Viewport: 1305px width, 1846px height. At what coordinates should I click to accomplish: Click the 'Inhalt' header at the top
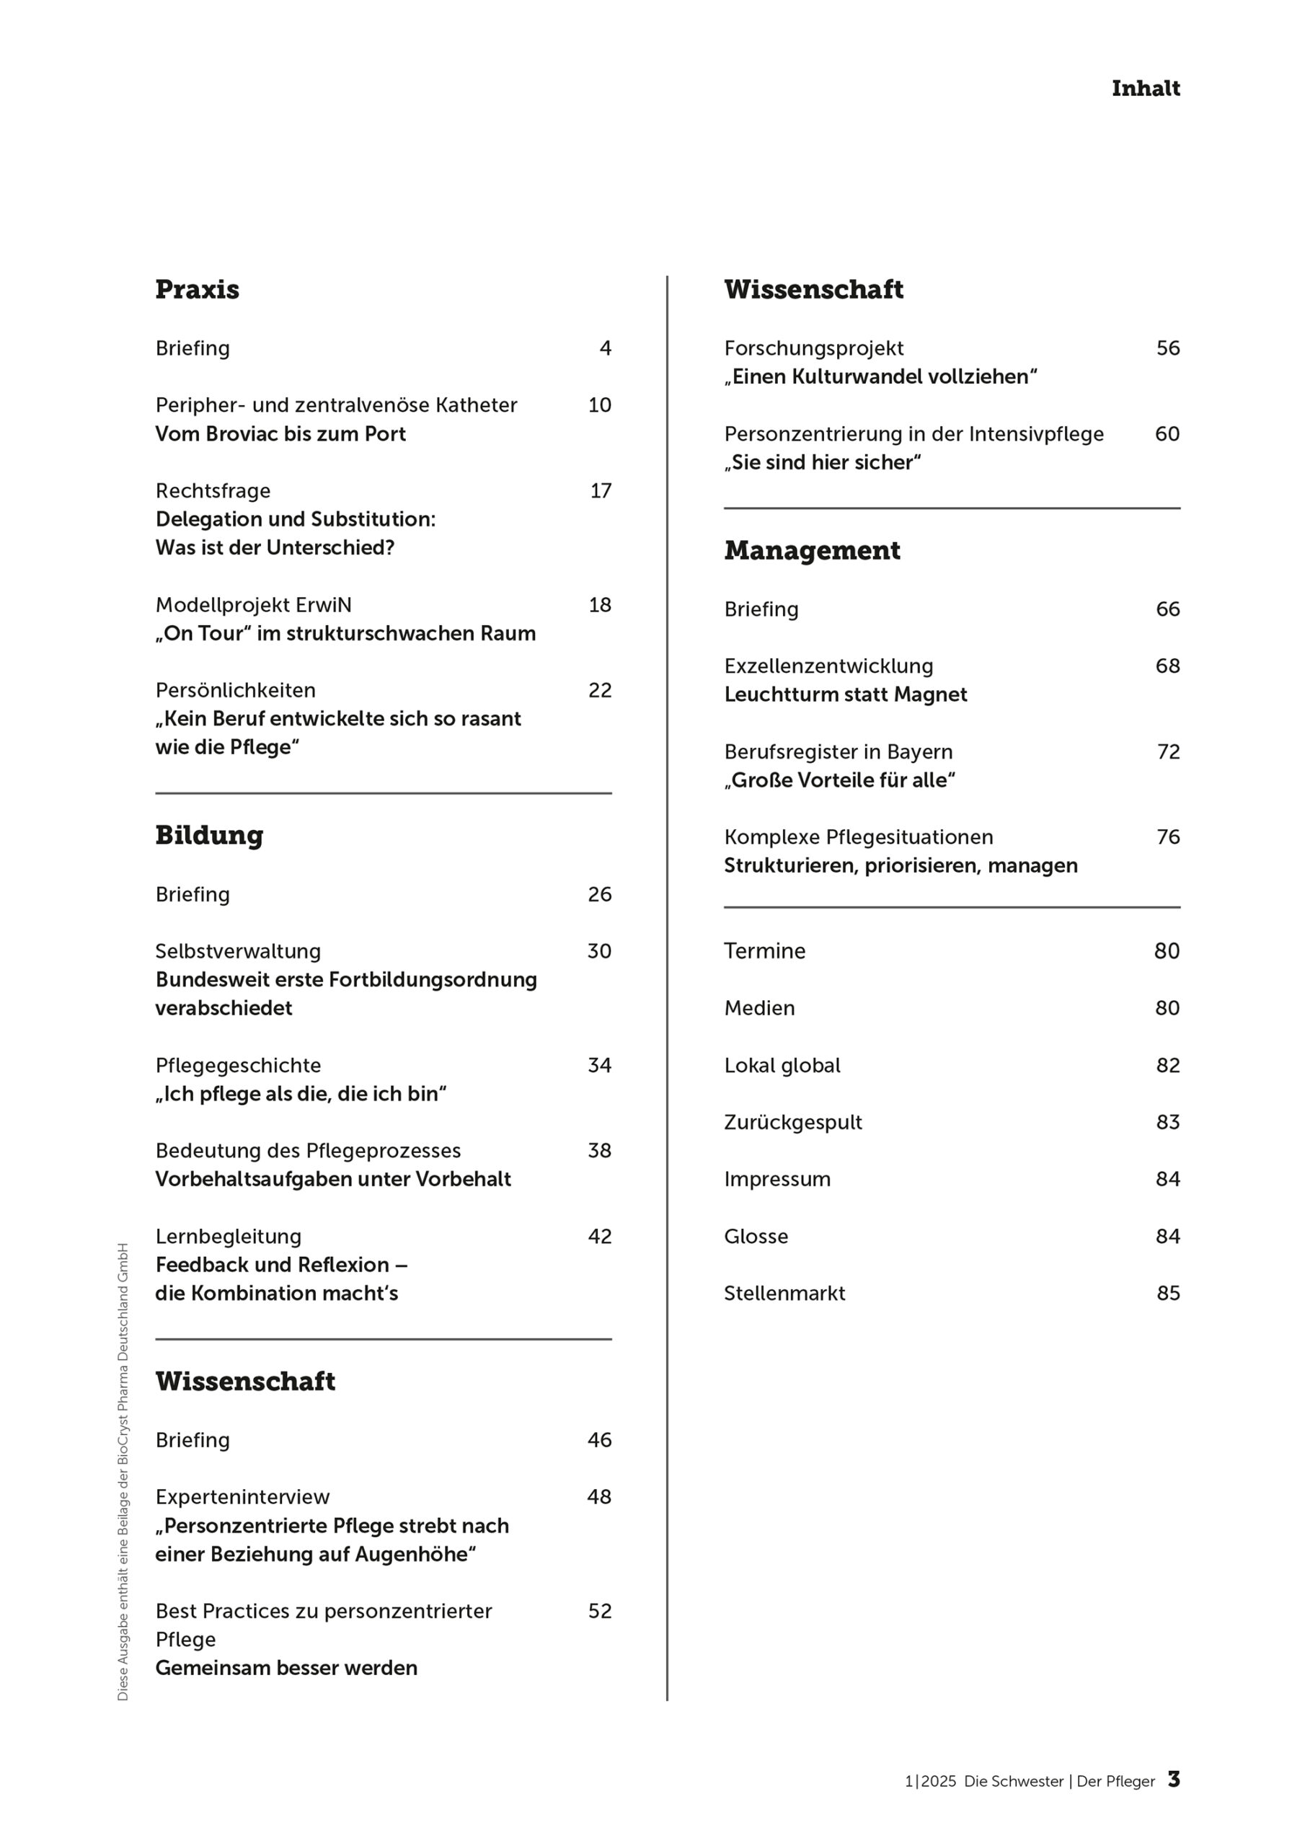pyautogui.click(x=1145, y=89)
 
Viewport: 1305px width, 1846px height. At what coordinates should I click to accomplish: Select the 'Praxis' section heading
pyautogui.click(x=197, y=289)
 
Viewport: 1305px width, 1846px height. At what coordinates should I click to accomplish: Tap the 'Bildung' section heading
pyautogui.click(x=209, y=835)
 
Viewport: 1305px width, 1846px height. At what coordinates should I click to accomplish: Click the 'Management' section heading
pyautogui.click(x=812, y=551)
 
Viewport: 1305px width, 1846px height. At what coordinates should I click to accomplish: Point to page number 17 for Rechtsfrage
pyautogui.click(x=601, y=490)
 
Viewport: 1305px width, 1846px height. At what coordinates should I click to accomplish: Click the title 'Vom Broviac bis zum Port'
pyautogui.click(x=280, y=434)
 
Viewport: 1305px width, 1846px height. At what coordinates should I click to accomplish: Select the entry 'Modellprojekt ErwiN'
pyautogui.click(x=253, y=604)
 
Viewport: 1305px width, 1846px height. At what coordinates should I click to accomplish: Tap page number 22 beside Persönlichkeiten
pyautogui.click(x=600, y=690)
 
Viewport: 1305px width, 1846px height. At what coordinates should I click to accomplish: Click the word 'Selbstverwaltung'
pyautogui.click(x=238, y=951)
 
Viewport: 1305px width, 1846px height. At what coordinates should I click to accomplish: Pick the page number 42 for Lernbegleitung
pyautogui.click(x=600, y=1236)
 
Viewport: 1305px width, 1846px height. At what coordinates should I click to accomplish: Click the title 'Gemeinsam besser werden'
pyautogui.click(x=286, y=1667)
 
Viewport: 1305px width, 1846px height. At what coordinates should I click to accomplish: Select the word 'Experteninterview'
pyautogui.click(x=242, y=1496)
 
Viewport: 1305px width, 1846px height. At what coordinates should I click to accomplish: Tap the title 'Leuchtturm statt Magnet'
pyautogui.click(x=845, y=694)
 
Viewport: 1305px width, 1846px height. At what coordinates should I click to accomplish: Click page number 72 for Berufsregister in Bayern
pyautogui.click(x=1168, y=752)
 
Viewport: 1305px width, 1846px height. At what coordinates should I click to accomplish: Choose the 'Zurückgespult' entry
pyautogui.click(x=793, y=1123)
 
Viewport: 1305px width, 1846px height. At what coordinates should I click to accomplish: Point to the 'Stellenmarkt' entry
pyautogui.click(x=784, y=1293)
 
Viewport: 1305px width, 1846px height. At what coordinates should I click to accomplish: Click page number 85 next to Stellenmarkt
pyautogui.click(x=1168, y=1293)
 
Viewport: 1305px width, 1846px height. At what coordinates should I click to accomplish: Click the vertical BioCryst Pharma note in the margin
pyautogui.click(x=123, y=1471)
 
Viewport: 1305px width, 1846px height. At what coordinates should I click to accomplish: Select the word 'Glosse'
pyautogui.click(x=756, y=1236)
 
